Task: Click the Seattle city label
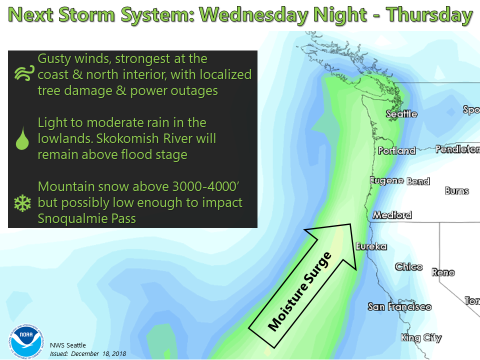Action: [x=401, y=114]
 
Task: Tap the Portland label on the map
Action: [x=396, y=150]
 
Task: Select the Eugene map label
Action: [x=387, y=180]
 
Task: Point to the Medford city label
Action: [x=392, y=215]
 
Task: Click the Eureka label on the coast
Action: [x=371, y=246]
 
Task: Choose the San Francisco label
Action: [x=400, y=306]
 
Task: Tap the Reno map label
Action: [x=443, y=272]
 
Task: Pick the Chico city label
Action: [x=408, y=266]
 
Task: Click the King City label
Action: [x=421, y=338]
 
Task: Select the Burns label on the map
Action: [x=456, y=191]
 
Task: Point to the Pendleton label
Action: [x=457, y=149]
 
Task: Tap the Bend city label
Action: [x=418, y=181]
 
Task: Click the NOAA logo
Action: [x=26, y=341]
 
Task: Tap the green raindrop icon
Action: [x=22, y=138]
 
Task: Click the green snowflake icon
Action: [x=22, y=203]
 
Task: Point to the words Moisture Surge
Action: [x=299, y=291]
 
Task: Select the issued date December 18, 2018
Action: [x=98, y=354]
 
